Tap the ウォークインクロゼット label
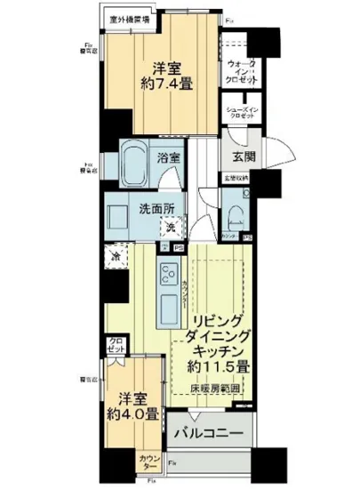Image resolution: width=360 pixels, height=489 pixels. [x=242, y=73]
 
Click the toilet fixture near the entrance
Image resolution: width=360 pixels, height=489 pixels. [x=235, y=214]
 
